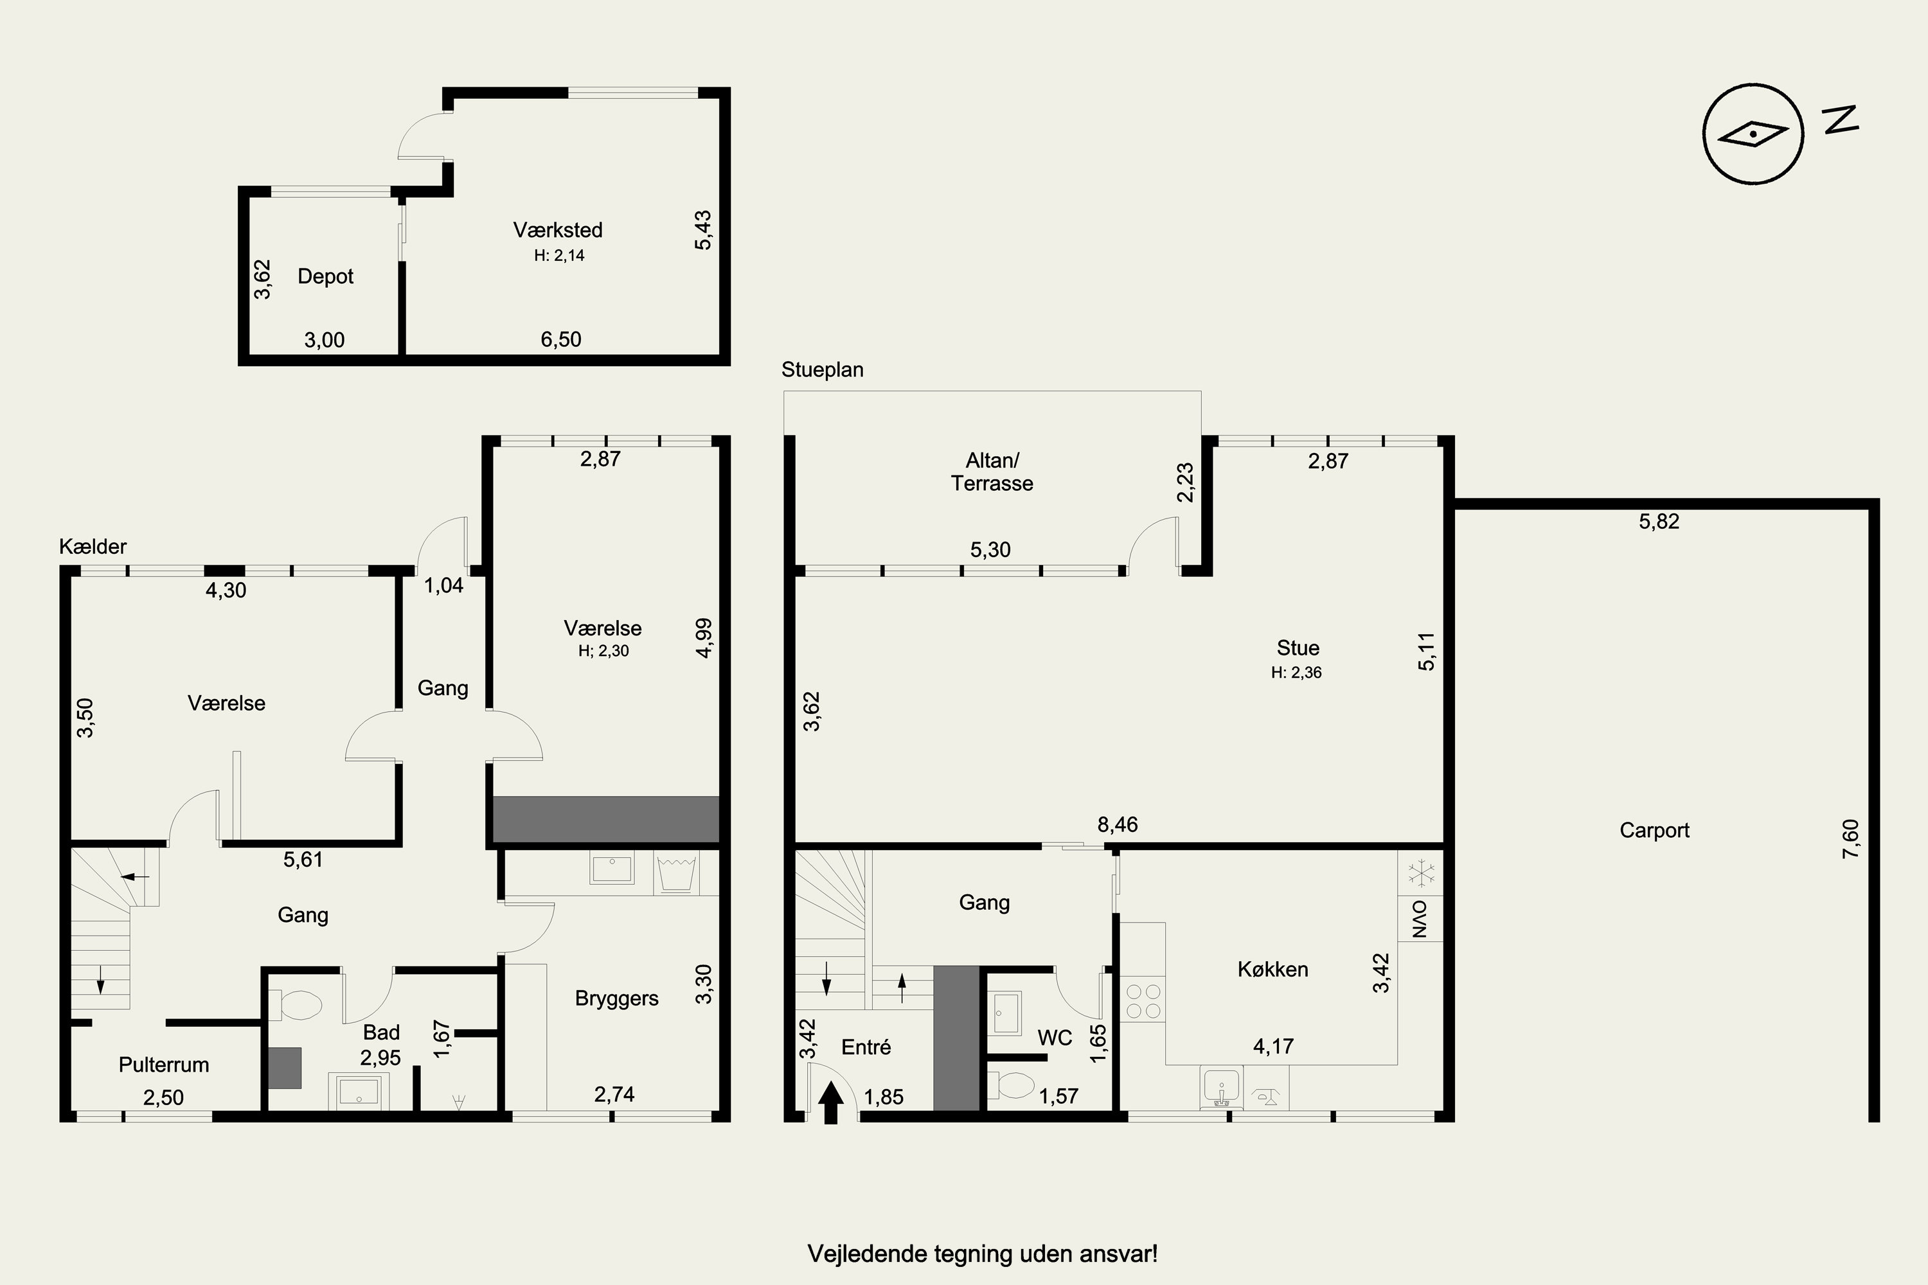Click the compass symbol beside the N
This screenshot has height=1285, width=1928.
click(1753, 134)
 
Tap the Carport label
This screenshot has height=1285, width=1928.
click(1654, 830)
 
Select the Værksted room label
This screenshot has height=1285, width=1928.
click(557, 230)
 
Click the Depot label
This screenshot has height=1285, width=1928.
click(325, 276)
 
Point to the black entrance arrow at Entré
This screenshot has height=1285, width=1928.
click(831, 1103)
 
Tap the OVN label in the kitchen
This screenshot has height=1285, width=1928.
click(1420, 919)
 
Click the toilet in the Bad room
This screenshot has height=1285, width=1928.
click(295, 1005)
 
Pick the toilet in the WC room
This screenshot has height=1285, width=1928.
click(1014, 1086)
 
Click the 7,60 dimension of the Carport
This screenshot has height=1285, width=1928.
click(1851, 839)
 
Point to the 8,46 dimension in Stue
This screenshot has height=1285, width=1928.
click(1118, 824)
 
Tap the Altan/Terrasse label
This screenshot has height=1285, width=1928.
click(992, 472)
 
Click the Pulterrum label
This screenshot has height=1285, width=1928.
click(164, 1065)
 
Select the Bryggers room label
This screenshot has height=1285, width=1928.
click(616, 999)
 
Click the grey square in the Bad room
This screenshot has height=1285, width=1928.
click(285, 1068)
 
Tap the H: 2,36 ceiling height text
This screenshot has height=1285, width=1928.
click(1296, 673)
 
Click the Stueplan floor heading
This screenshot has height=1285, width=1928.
click(822, 369)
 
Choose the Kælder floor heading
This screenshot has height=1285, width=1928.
click(93, 547)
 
